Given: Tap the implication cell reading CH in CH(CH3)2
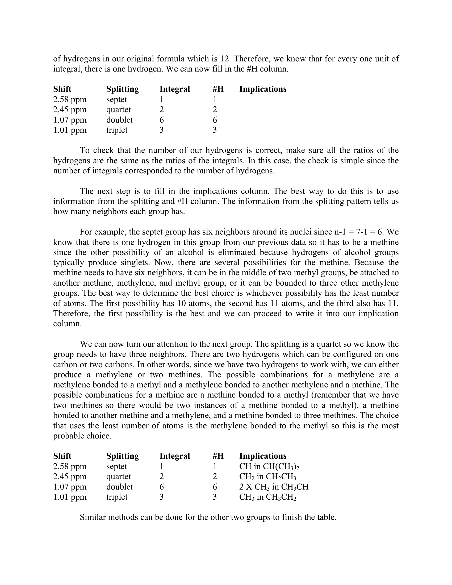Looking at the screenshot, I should pyautogui.click(x=269, y=466).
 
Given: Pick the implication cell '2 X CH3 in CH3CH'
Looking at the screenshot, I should pyautogui.click(x=274, y=487).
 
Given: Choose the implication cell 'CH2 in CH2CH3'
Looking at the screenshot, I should pyautogui.click(x=267, y=477).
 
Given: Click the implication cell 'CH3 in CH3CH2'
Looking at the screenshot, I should pyautogui.click(x=267, y=497).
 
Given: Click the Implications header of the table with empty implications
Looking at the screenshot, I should pyautogui.click(x=263, y=89).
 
